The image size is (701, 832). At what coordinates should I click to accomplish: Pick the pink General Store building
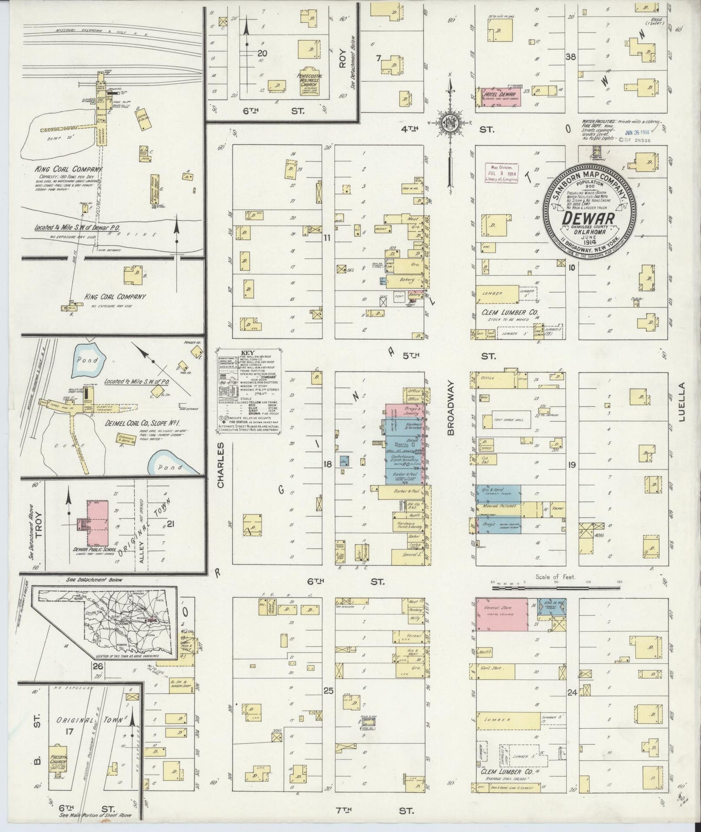[502, 615]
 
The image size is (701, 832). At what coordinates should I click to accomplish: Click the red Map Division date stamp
[502, 172]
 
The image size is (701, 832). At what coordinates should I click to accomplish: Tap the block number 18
[328, 465]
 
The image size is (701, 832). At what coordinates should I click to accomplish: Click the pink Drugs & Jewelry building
[406, 410]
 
